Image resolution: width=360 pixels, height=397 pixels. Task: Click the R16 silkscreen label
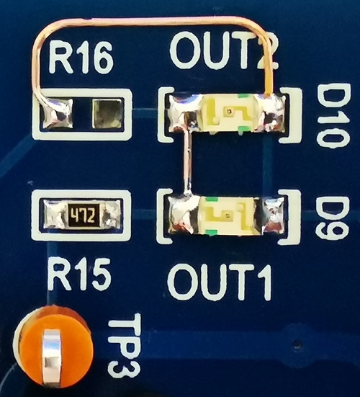81,58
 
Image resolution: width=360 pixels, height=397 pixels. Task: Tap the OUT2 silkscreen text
225,50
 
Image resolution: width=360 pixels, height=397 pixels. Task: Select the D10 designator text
333,116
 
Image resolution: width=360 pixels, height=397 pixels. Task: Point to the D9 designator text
333,218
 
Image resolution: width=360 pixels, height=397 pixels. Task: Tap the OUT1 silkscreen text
219,282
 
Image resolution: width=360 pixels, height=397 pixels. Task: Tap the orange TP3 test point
53,351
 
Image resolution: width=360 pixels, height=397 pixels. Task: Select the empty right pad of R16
107,114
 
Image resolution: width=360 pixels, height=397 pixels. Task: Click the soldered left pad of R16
55,113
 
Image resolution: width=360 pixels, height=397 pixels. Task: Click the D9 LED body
230,215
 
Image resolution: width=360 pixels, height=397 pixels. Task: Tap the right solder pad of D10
272,112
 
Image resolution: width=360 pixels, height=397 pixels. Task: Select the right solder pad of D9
274,215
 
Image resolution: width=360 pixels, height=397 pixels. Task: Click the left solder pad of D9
184,215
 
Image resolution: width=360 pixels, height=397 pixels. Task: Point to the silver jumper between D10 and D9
188,161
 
